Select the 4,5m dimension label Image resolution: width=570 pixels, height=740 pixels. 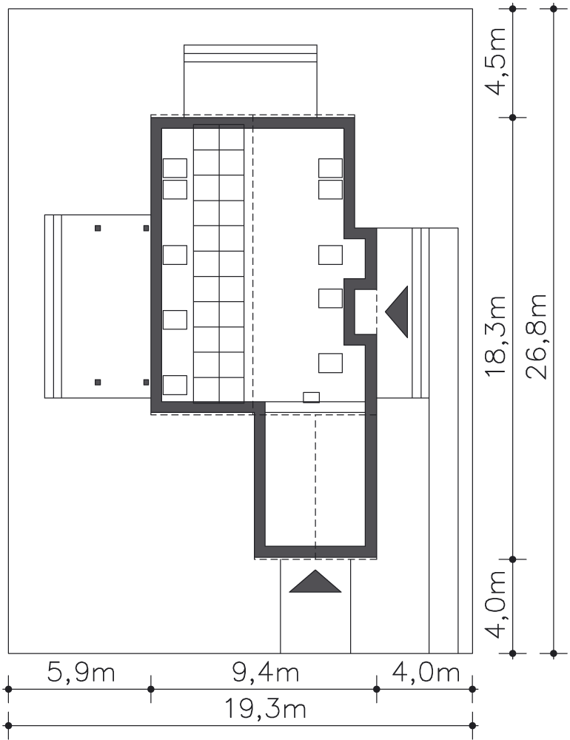point(495,61)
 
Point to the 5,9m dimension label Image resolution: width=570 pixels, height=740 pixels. point(81,672)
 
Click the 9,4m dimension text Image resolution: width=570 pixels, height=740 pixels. point(266,672)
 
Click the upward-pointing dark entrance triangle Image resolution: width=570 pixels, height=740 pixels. point(315,581)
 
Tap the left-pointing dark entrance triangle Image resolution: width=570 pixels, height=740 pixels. point(397,312)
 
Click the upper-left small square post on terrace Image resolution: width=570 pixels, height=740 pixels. point(98,229)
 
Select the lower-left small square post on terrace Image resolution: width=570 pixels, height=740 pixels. point(98,383)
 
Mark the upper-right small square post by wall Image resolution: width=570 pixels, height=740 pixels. point(146,229)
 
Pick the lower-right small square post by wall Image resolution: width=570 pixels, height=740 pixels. point(146,383)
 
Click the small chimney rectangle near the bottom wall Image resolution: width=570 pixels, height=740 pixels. point(311,397)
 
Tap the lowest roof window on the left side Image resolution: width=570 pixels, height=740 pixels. point(175,385)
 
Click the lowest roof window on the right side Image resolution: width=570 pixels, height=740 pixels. point(331,363)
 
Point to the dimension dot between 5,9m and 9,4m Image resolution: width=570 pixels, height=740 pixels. point(151,689)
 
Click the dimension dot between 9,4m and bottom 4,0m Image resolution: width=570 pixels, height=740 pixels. point(376,689)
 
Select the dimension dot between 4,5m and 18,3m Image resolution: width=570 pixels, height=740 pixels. point(513,117)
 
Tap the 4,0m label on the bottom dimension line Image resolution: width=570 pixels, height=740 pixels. point(426,672)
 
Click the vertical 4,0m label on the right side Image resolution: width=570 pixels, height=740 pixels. point(495,605)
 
